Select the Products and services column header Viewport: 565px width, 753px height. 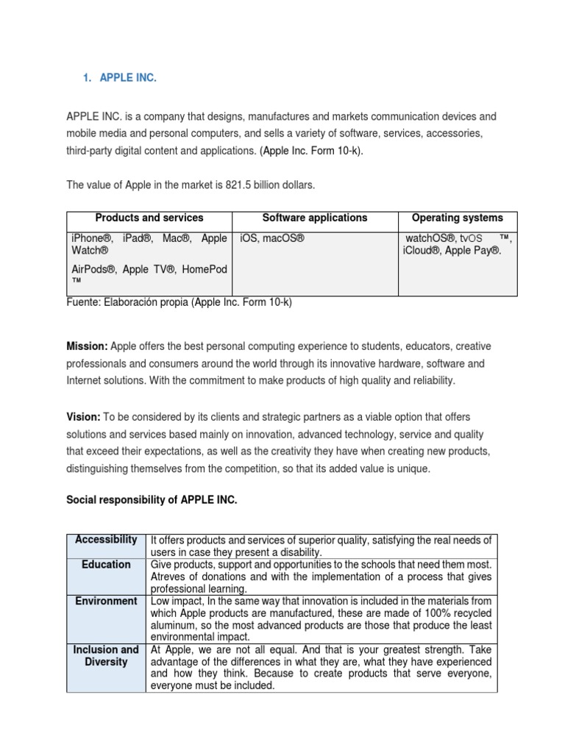click(149, 218)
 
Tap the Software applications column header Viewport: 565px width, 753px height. click(315, 218)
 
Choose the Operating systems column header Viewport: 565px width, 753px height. click(458, 218)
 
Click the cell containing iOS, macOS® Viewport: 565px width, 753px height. click(272, 238)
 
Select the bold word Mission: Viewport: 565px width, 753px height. click(88, 346)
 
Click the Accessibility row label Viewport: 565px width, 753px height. click(106, 540)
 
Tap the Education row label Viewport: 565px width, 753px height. click(106, 565)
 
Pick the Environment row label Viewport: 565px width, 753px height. click(106, 601)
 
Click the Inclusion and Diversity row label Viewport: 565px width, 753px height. click(106, 656)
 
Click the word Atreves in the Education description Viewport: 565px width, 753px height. click(169, 577)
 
